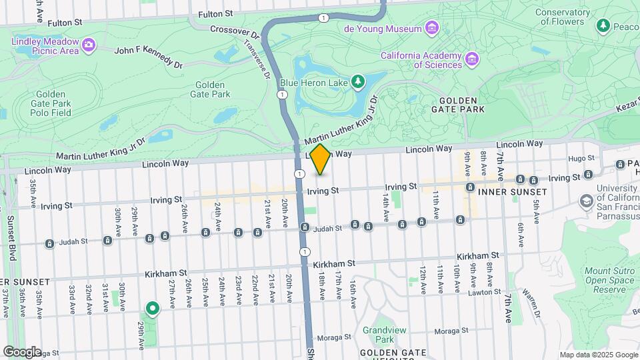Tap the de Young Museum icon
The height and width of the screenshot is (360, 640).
[432, 28]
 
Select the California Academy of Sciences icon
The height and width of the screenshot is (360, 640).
[472, 59]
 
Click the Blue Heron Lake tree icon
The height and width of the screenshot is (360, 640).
[359, 82]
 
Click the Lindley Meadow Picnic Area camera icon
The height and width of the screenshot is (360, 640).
[89, 45]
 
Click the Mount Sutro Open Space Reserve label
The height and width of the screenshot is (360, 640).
[609, 281]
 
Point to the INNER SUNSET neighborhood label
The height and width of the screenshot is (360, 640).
[512, 192]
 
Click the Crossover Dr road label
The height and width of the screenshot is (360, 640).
[233, 31]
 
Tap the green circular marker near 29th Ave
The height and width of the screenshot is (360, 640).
[153, 308]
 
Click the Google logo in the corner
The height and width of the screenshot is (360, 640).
[22, 351]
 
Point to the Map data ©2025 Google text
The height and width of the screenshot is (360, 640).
[598, 355]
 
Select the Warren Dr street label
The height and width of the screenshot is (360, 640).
[529, 294]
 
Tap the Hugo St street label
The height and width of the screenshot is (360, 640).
[577, 158]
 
